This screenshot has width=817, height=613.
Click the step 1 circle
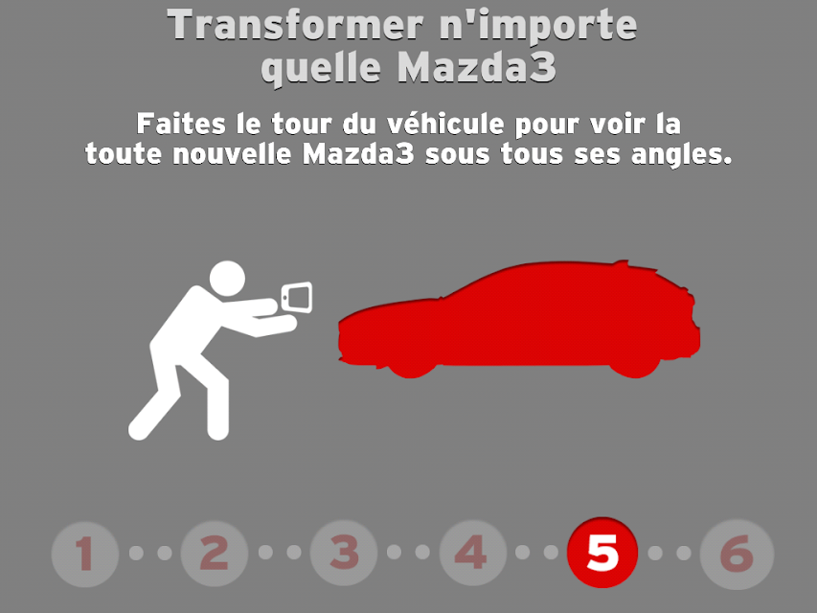pos(85,554)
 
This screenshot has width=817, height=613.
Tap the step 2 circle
pos(215,554)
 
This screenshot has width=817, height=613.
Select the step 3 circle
pos(343,553)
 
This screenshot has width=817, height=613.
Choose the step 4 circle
pos(472,553)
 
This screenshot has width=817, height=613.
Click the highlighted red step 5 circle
pos(602,553)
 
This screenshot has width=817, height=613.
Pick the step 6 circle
pos(737,555)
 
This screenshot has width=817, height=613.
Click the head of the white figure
pos(227,279)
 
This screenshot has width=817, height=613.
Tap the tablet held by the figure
pos(297,298)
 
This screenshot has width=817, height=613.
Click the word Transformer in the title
pos(295,25)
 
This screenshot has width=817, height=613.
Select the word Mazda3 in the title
pos(477,67)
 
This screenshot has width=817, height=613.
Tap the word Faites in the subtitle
pos(181,125)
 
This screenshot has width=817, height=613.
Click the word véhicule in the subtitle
pos(445,125)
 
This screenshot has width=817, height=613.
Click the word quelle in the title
pos(321,69)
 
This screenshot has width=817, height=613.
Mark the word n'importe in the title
pos(539,26)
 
